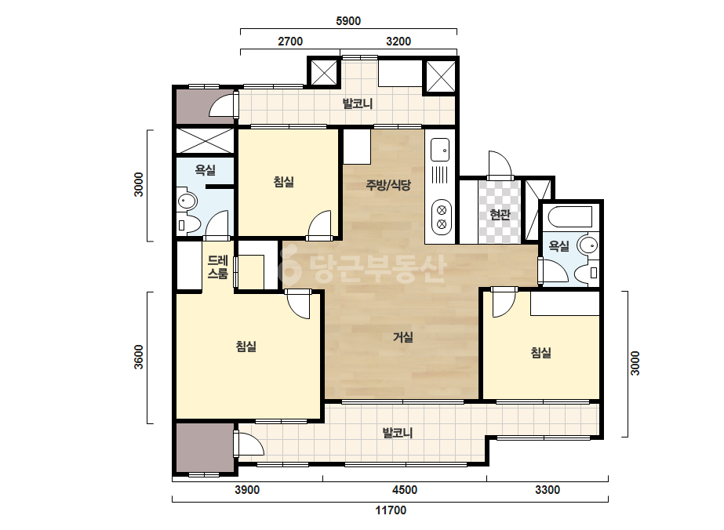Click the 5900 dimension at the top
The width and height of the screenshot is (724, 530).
[x=348, y=20]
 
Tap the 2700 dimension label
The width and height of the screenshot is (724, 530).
[x=290, y=41]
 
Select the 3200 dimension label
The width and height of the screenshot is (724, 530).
[x=398, y=41]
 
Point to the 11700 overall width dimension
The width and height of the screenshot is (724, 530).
[x=391, y=510]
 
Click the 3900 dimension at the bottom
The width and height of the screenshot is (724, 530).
[x=247, y=490]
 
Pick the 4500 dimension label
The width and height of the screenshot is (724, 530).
[x=405, y=490]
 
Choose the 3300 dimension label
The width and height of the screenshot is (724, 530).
[x=548, y=490]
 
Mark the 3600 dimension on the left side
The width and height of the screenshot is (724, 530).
[x=139, y=358]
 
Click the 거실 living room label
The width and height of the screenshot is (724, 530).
[x=402, y=337]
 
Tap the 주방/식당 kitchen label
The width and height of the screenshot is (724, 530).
[x=388, y=186]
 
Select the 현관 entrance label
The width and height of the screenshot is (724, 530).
[x=500, y=214]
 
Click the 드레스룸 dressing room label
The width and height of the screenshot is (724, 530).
[x=217, y=267]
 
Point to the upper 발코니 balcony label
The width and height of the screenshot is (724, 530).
[x=358, y=103]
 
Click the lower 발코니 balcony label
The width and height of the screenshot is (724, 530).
[x=397, y=433]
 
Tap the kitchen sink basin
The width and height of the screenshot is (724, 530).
[x=440, y=150]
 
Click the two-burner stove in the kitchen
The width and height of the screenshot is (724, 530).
[x=442, y=217]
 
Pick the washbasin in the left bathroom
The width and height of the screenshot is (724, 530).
[x=187, y=201]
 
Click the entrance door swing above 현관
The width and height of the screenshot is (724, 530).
[x=500, y=164]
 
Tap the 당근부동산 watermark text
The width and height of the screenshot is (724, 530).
[x=362, y=267]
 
